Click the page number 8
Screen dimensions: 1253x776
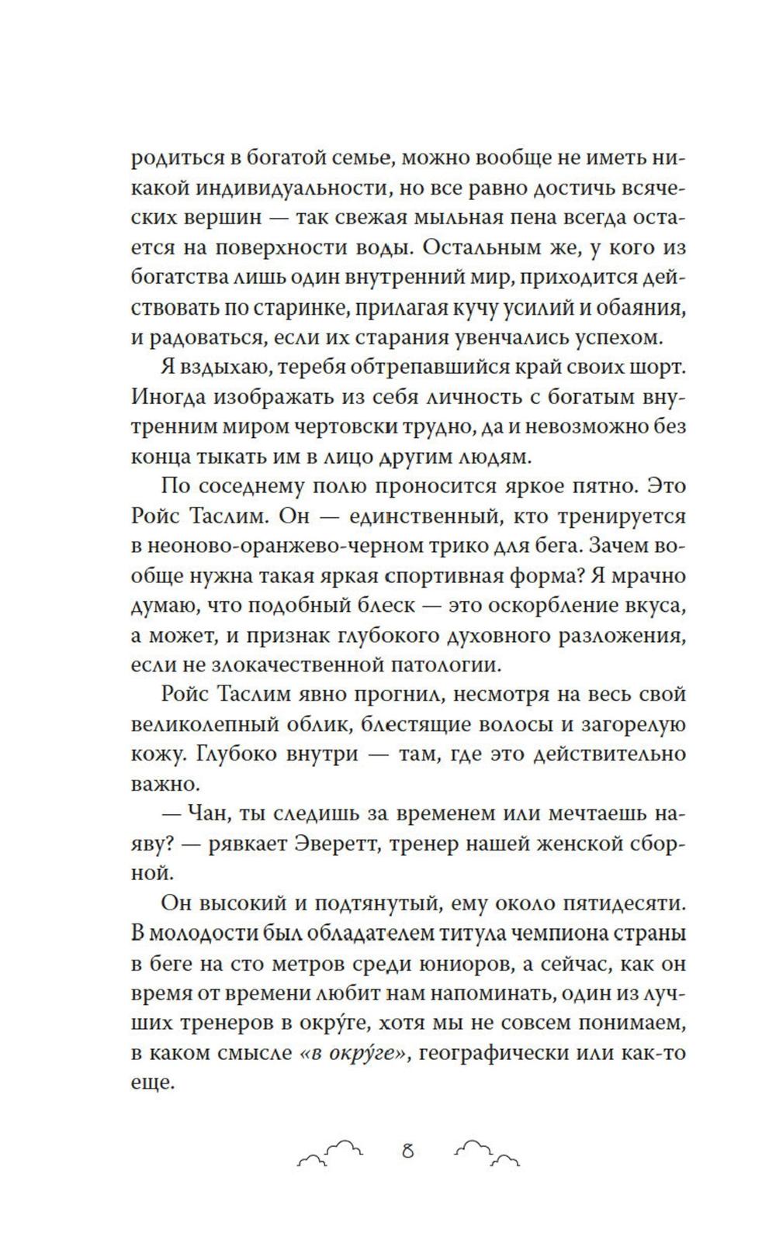[x=407, y=1151]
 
